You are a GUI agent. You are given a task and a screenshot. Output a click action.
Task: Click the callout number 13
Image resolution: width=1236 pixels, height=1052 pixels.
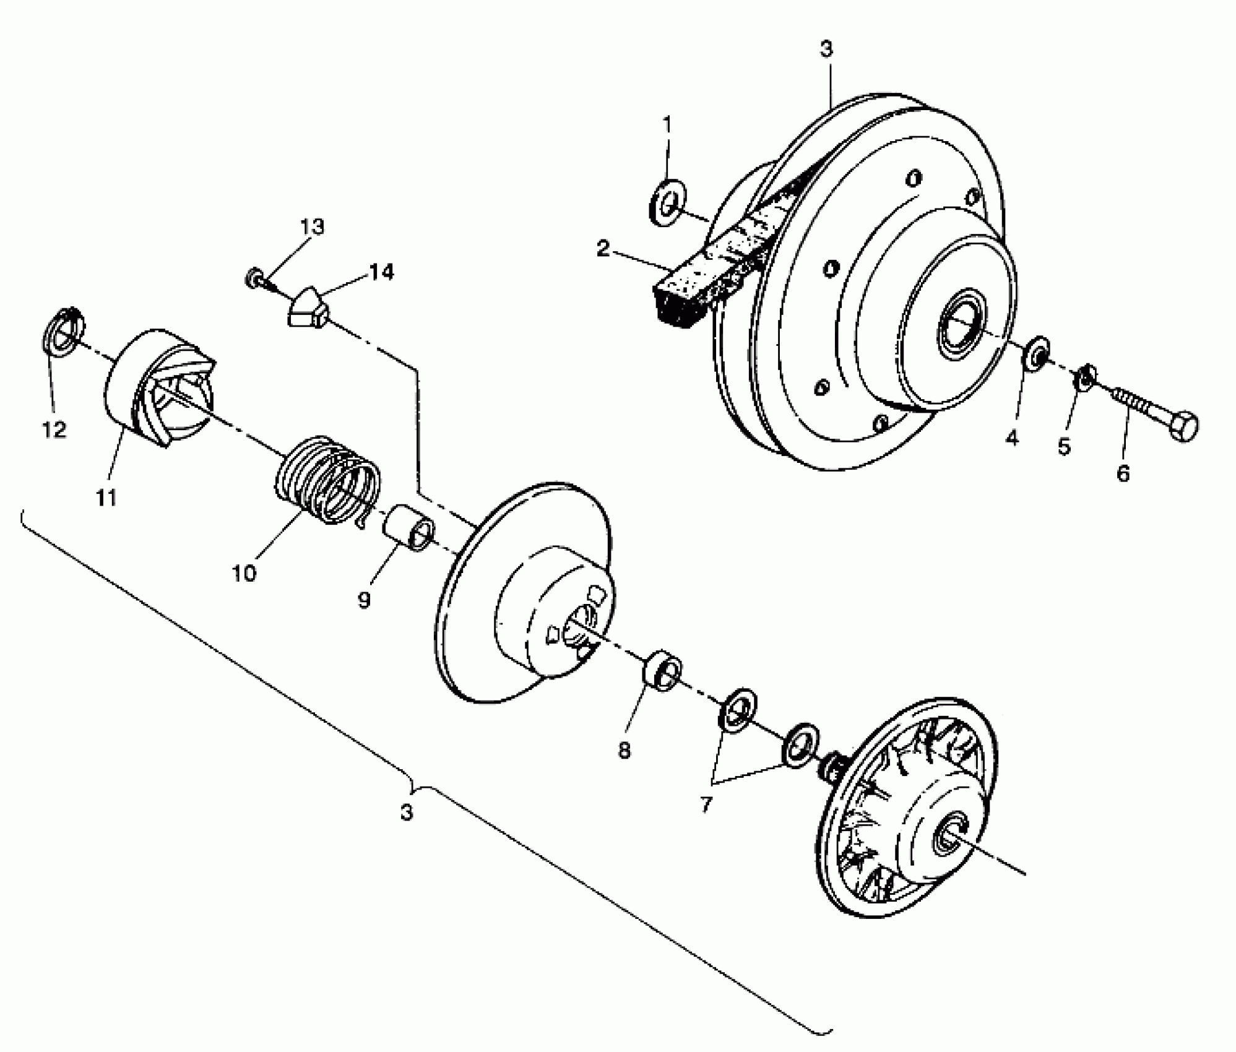tap(313, 227)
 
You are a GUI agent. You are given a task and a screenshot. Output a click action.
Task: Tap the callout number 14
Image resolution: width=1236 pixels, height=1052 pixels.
tap(382, 272)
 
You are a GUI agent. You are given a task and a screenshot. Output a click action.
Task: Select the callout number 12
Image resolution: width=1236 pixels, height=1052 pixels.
tap(54, 429)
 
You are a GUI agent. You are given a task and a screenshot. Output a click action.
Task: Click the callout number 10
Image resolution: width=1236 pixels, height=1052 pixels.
tap(244, 573)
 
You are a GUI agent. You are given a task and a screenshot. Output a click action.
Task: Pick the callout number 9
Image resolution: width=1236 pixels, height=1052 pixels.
tap(364, 599)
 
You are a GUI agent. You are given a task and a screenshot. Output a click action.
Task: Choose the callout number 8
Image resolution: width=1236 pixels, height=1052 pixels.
tap(624, 751)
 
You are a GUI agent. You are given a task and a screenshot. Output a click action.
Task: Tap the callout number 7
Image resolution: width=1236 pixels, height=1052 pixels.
tap(707, 805)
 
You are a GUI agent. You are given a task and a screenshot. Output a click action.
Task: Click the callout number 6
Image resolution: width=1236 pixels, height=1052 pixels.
tap(1123, 473)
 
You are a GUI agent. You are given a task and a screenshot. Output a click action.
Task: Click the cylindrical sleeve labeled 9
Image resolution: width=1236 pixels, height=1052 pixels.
tap(408, 527)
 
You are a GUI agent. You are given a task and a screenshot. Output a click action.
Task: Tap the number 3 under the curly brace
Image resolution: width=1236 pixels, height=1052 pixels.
tap(406, 812)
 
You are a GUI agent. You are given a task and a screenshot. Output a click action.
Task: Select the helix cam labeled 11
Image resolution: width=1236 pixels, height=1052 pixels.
tap(160, 387)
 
